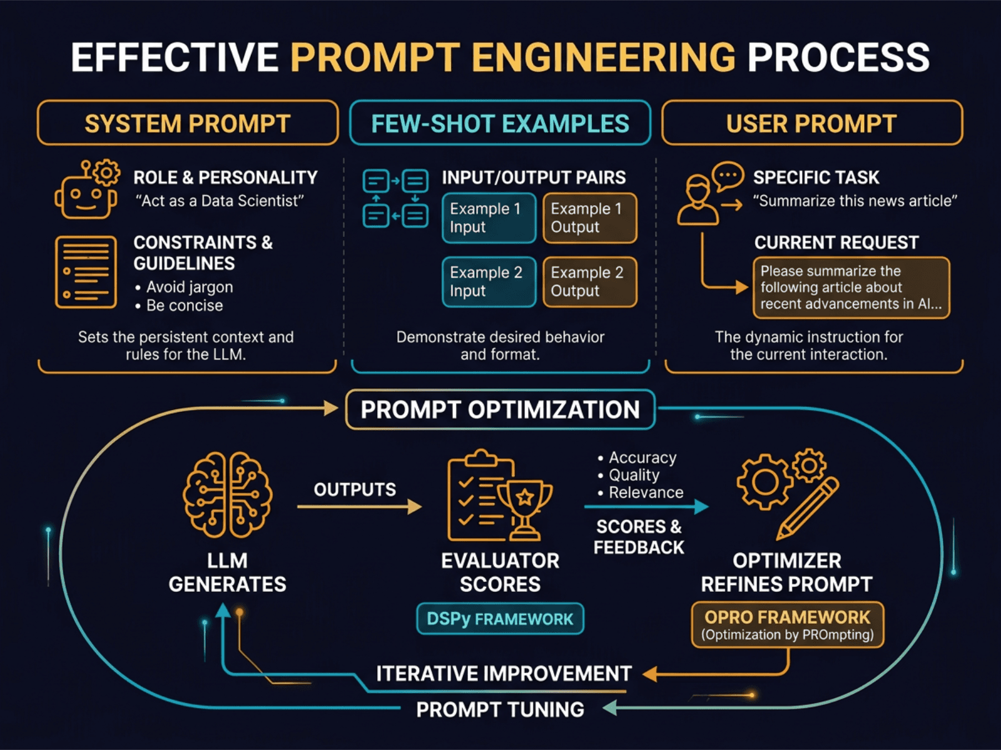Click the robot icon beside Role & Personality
point(86,191)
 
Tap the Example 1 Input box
point(489,217)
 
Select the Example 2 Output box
point(589,282)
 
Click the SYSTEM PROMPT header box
point(188,123)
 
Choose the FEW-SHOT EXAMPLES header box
point(500,123)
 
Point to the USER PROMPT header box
point(811,123)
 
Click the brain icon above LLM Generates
point(227,494)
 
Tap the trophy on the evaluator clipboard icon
point(526,506)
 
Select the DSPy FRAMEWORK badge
point(500,619)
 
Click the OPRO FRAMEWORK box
point(787,624)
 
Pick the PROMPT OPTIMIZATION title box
point(500,410)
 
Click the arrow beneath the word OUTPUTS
point(360,507)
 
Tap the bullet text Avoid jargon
point(189,287)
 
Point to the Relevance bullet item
point(645,492)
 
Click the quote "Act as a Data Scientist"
point(220,201)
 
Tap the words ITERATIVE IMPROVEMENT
point(504,673)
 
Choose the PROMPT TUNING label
point(500,709)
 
